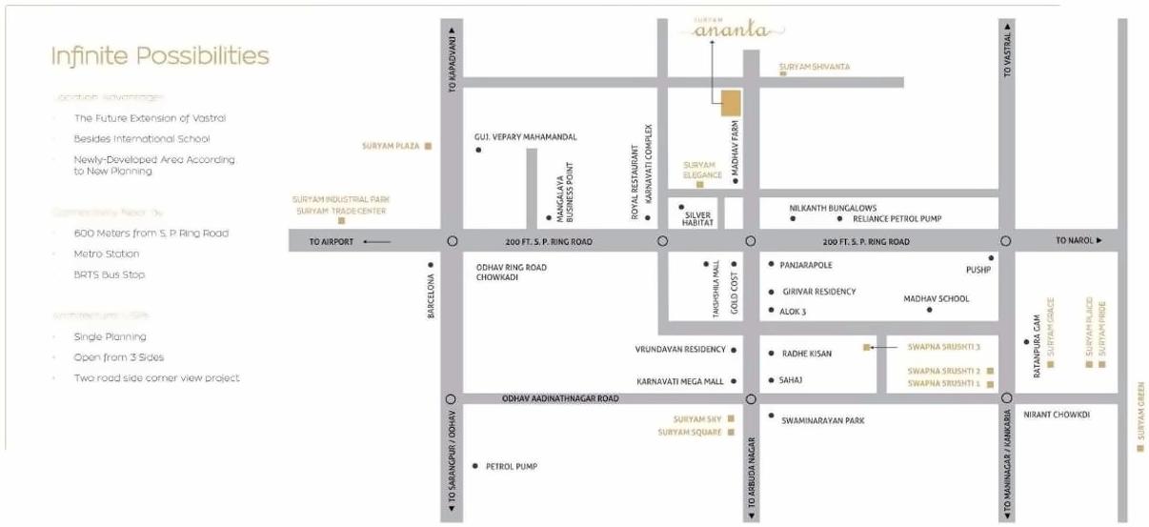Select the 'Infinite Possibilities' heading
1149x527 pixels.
(160, 56)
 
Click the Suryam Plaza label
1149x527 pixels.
(391, 146)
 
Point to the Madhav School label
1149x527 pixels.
(937, 299)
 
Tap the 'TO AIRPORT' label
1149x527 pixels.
(332, 242)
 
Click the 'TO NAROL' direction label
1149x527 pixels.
(1074, 241)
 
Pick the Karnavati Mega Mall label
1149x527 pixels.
(680, 380)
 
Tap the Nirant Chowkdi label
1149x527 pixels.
(1056, 416)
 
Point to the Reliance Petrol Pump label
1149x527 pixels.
(897, 218)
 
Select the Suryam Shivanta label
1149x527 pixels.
(815, 67)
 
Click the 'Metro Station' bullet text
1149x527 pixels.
(107, 253)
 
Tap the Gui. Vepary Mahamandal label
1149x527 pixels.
(525, 137)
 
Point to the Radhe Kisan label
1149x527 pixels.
(806, 354)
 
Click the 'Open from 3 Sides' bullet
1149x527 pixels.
(119, 357)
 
